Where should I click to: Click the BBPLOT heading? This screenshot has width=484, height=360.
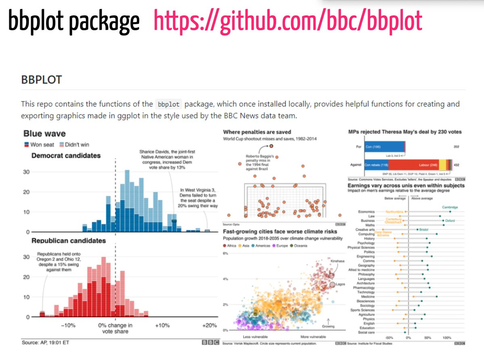click(42, 79)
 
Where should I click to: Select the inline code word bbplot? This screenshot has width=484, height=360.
click(169, 104)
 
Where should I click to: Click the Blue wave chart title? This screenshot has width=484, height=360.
click(44, 133)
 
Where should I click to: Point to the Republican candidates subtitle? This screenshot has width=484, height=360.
click(69, 241)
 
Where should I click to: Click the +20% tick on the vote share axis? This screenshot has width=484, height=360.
click(210, 325)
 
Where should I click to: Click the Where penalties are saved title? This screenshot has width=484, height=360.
click(257, 132)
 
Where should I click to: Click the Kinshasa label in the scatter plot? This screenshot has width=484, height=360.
click(337, 261)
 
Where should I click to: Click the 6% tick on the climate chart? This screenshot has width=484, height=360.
click(226, 254)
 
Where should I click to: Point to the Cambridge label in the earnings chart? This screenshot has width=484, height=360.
click(450, 207)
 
